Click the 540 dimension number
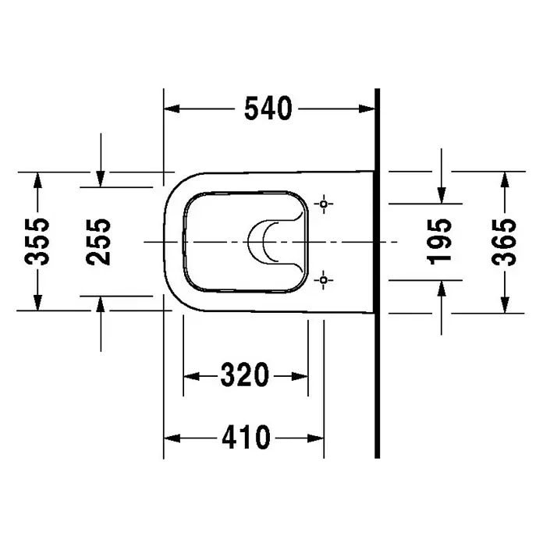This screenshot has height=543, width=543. click(268, 108)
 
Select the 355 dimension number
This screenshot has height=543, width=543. click(37, 241)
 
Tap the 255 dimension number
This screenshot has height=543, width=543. click(98, 242)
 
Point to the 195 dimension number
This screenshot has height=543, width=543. click(439, 242)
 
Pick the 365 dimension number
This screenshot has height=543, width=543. click(503, 242)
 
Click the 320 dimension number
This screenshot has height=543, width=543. click(245, 374)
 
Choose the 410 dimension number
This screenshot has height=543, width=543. click(246, 438)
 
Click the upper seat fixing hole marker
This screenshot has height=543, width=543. click(324, 204)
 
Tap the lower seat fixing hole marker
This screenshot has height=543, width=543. click(324, 279)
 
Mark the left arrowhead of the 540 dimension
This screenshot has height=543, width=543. click(172, 108)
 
